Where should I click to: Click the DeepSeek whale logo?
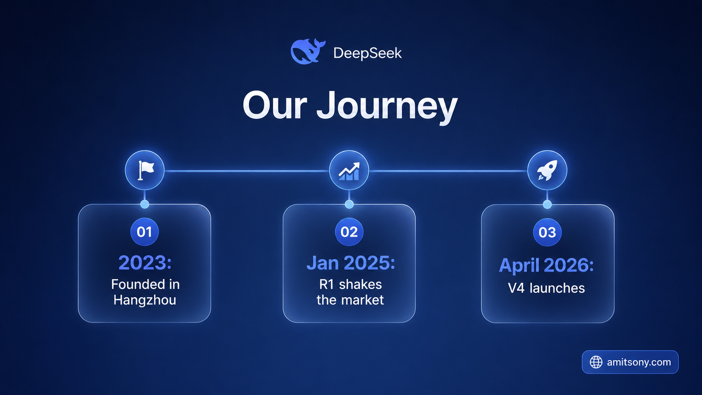(x=308, y=51)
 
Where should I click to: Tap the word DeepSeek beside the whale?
(x=367, y=53)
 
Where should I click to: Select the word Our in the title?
(x=275, y=105)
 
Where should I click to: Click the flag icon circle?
(x=144, y=170)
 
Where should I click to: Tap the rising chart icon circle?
(x=349, y=170)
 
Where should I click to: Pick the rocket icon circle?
(x=547, y=170)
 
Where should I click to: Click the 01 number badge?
(x=144, y=232)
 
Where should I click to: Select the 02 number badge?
(x=349, y=232)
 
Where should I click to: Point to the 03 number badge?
(x=547, y=232)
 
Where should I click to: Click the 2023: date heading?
(x=145, y=263)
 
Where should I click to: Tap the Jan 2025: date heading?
(x=351, y=263)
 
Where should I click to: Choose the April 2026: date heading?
(x=546, y=266)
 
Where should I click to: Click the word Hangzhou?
(x=145, y=300)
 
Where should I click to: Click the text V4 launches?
(x=546, y=288)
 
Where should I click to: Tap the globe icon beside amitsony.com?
(x=596, y=362)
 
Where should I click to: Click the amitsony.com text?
(x=639, y=362)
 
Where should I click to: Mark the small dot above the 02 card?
(x=349, y=205)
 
